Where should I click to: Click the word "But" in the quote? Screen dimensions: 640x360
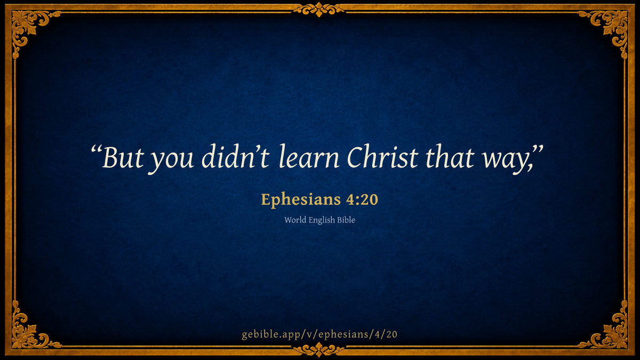point(123,157)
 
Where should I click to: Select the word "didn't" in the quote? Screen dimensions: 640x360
point(235,156)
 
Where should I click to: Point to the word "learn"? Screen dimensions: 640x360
point(309,156)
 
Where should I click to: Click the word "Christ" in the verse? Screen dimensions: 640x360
point(382,157)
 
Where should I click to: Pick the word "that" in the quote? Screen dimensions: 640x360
point(450,157)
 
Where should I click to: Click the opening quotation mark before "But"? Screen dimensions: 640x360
point(97,150)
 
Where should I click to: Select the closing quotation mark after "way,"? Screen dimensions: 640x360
point(537,150)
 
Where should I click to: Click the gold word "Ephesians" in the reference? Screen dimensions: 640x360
point(301,199)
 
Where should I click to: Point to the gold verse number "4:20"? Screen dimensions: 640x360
point(362,199)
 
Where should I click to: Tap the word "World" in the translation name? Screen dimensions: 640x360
point(295,220)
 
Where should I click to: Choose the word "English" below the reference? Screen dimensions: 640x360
point(322,220)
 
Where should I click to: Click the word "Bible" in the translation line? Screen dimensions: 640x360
point(346,220)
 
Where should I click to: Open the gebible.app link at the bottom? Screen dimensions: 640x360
point(319,334)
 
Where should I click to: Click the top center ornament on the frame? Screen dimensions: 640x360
point(319,10)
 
